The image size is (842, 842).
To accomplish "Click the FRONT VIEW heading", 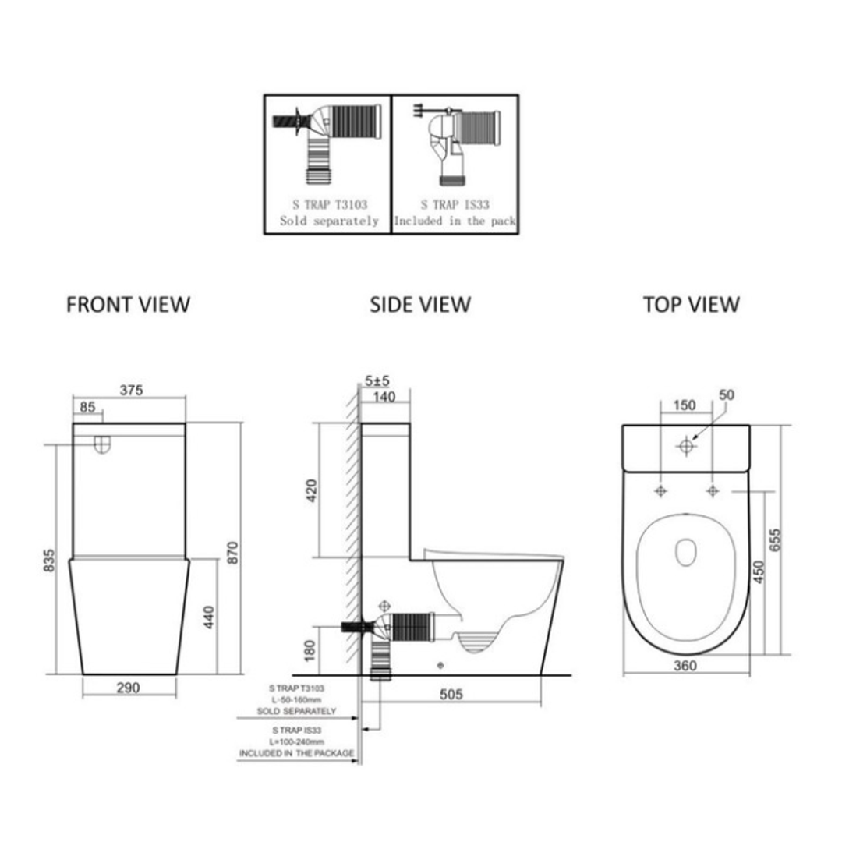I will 128,304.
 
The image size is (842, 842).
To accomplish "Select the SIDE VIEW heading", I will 420,304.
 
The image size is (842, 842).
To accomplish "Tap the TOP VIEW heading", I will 691,304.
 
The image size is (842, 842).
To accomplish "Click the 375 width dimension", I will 131,391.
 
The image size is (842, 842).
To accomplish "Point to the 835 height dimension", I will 49,559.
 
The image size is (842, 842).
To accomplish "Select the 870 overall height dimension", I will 232,551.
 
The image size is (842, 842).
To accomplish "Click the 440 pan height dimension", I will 208,617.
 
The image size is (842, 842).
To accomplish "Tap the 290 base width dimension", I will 128,688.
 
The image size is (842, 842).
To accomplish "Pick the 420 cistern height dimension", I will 312,490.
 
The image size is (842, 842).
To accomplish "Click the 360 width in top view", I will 685,665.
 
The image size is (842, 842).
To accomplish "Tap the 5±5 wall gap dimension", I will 377,381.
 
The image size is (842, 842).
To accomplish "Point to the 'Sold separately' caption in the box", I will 329,221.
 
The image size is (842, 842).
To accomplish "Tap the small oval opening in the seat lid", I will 685,552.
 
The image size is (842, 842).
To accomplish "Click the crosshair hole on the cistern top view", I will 686,447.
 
